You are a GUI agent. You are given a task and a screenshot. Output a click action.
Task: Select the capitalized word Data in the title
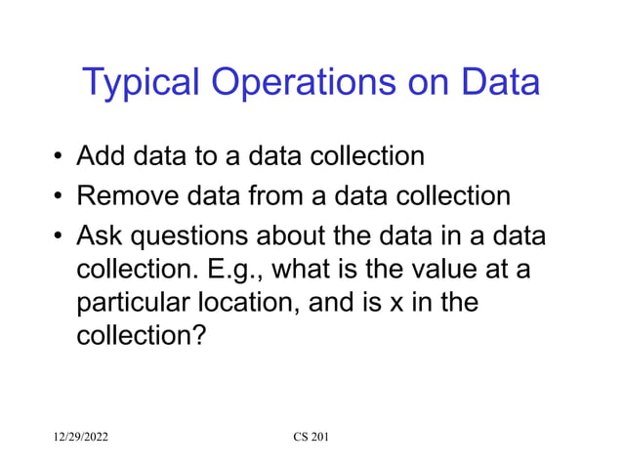[499, 82]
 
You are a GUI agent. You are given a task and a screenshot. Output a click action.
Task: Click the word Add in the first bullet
[101, 156]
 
